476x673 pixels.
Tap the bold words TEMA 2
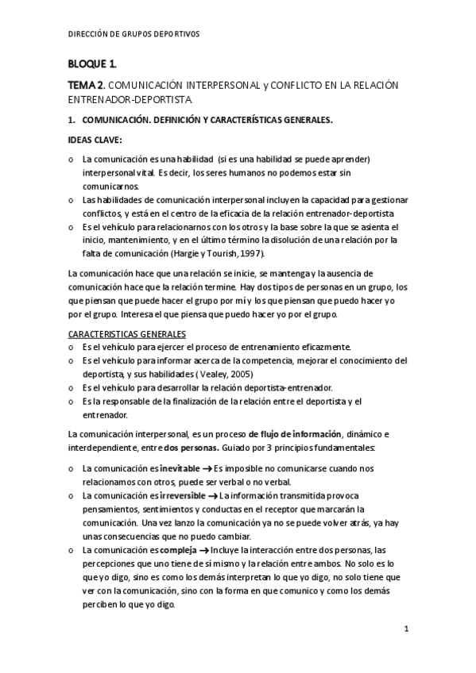pyautogui.click(x=85, y=84)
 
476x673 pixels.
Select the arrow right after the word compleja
pyautogui.click(x=203, y=549)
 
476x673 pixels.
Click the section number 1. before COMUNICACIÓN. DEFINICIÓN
pyautogui.click(x=71, y=121)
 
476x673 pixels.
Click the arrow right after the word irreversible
pyautogui.click(x=214, y=495)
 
